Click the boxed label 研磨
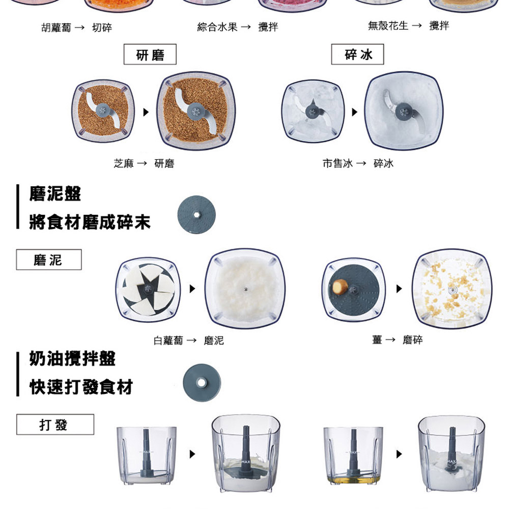pyautogui.click(x=150, y=54)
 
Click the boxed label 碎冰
pyautogui.click(x=357, y=54)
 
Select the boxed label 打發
pyautogui.click(x=54, y=424)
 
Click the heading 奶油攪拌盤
pyautogui.click(x=72, y=359)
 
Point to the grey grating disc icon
pyautogui.click(x=197, y=214)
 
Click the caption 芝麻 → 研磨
pyautogui.click(x=144, y=164)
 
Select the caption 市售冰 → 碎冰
pyautogui.click(x=358, y=164)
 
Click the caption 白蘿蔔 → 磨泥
pyautogui.click(x=188, y=340)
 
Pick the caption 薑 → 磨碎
pyautogui.click(x=397, y=340)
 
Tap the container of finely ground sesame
pyautogui.click(x=196, y=110)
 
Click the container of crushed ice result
pyautogui.click(x=403, y=110)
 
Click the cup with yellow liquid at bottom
pyautogui.click(x=353, y=456)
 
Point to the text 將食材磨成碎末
pyautogui.click(x=90, y=222)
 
